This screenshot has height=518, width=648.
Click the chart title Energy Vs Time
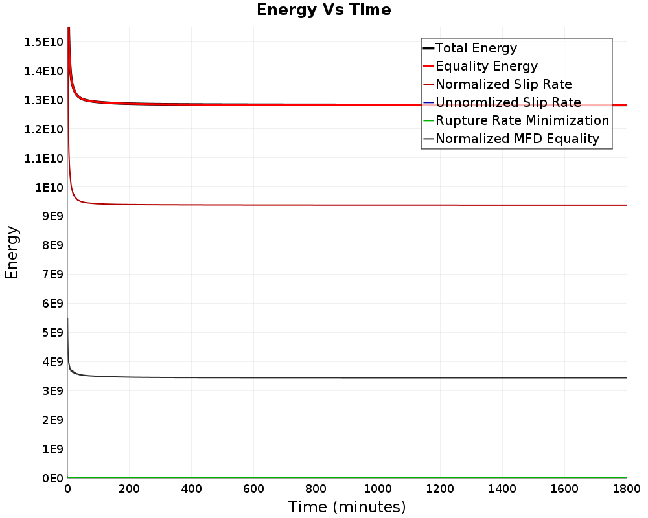pyautogui.click(x=323, y=10)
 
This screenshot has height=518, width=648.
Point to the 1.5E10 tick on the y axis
pyautogui.click(x=44, y=42)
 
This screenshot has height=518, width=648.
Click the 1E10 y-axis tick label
pyautogui.click(x=49, y=188)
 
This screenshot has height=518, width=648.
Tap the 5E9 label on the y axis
pyautogui.click(x=52, y=333)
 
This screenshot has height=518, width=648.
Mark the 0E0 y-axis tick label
pyautogui.click(x=52, y=479)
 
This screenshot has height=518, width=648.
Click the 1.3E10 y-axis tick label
pyautogui.click(x=44, y=100)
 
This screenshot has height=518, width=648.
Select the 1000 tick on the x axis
pyautogui.click(x=378, y=489)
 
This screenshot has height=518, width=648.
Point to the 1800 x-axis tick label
pyautogui.click(x=627, y=489)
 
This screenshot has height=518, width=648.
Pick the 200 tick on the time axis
pyautogui.click(x=130, y=489)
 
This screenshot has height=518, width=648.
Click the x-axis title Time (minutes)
pyautogui.click(x=347, y=507)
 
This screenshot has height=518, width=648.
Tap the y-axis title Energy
pyautogui.click(x=12, y=253)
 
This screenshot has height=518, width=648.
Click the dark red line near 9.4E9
pyautogui.click(x=347, y=205)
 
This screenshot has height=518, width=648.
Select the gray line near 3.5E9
pyautogui.click(x=347, y=377)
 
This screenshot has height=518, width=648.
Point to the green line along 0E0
pyautogui.click(x=347, y=477)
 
